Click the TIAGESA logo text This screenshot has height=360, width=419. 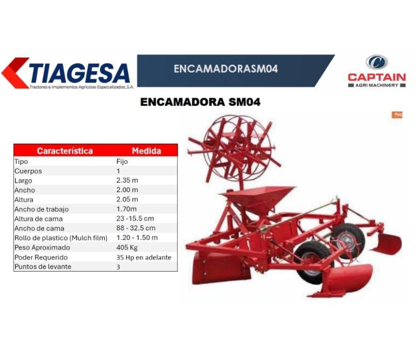point(80,73)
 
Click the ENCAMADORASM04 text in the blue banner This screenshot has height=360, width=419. point(226,69)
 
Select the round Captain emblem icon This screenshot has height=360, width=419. point(377,62)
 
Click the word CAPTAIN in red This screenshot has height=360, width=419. point(377,77)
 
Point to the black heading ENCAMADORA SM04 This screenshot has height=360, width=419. point(200,102)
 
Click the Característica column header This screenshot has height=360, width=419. point(65,151)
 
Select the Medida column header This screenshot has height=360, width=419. point(147,151)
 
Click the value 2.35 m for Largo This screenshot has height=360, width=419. point(127,180)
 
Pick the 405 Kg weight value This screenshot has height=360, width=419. point(127,247)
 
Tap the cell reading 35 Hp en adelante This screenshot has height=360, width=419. point(144,257)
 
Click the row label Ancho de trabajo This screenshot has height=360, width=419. point(41,209)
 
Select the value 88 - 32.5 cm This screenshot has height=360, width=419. point(136,228)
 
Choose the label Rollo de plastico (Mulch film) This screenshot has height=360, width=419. point(61,238)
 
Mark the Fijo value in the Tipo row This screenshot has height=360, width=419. point(122,161)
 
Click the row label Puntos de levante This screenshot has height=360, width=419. point(43,266)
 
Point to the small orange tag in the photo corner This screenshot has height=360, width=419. point(397,115)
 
